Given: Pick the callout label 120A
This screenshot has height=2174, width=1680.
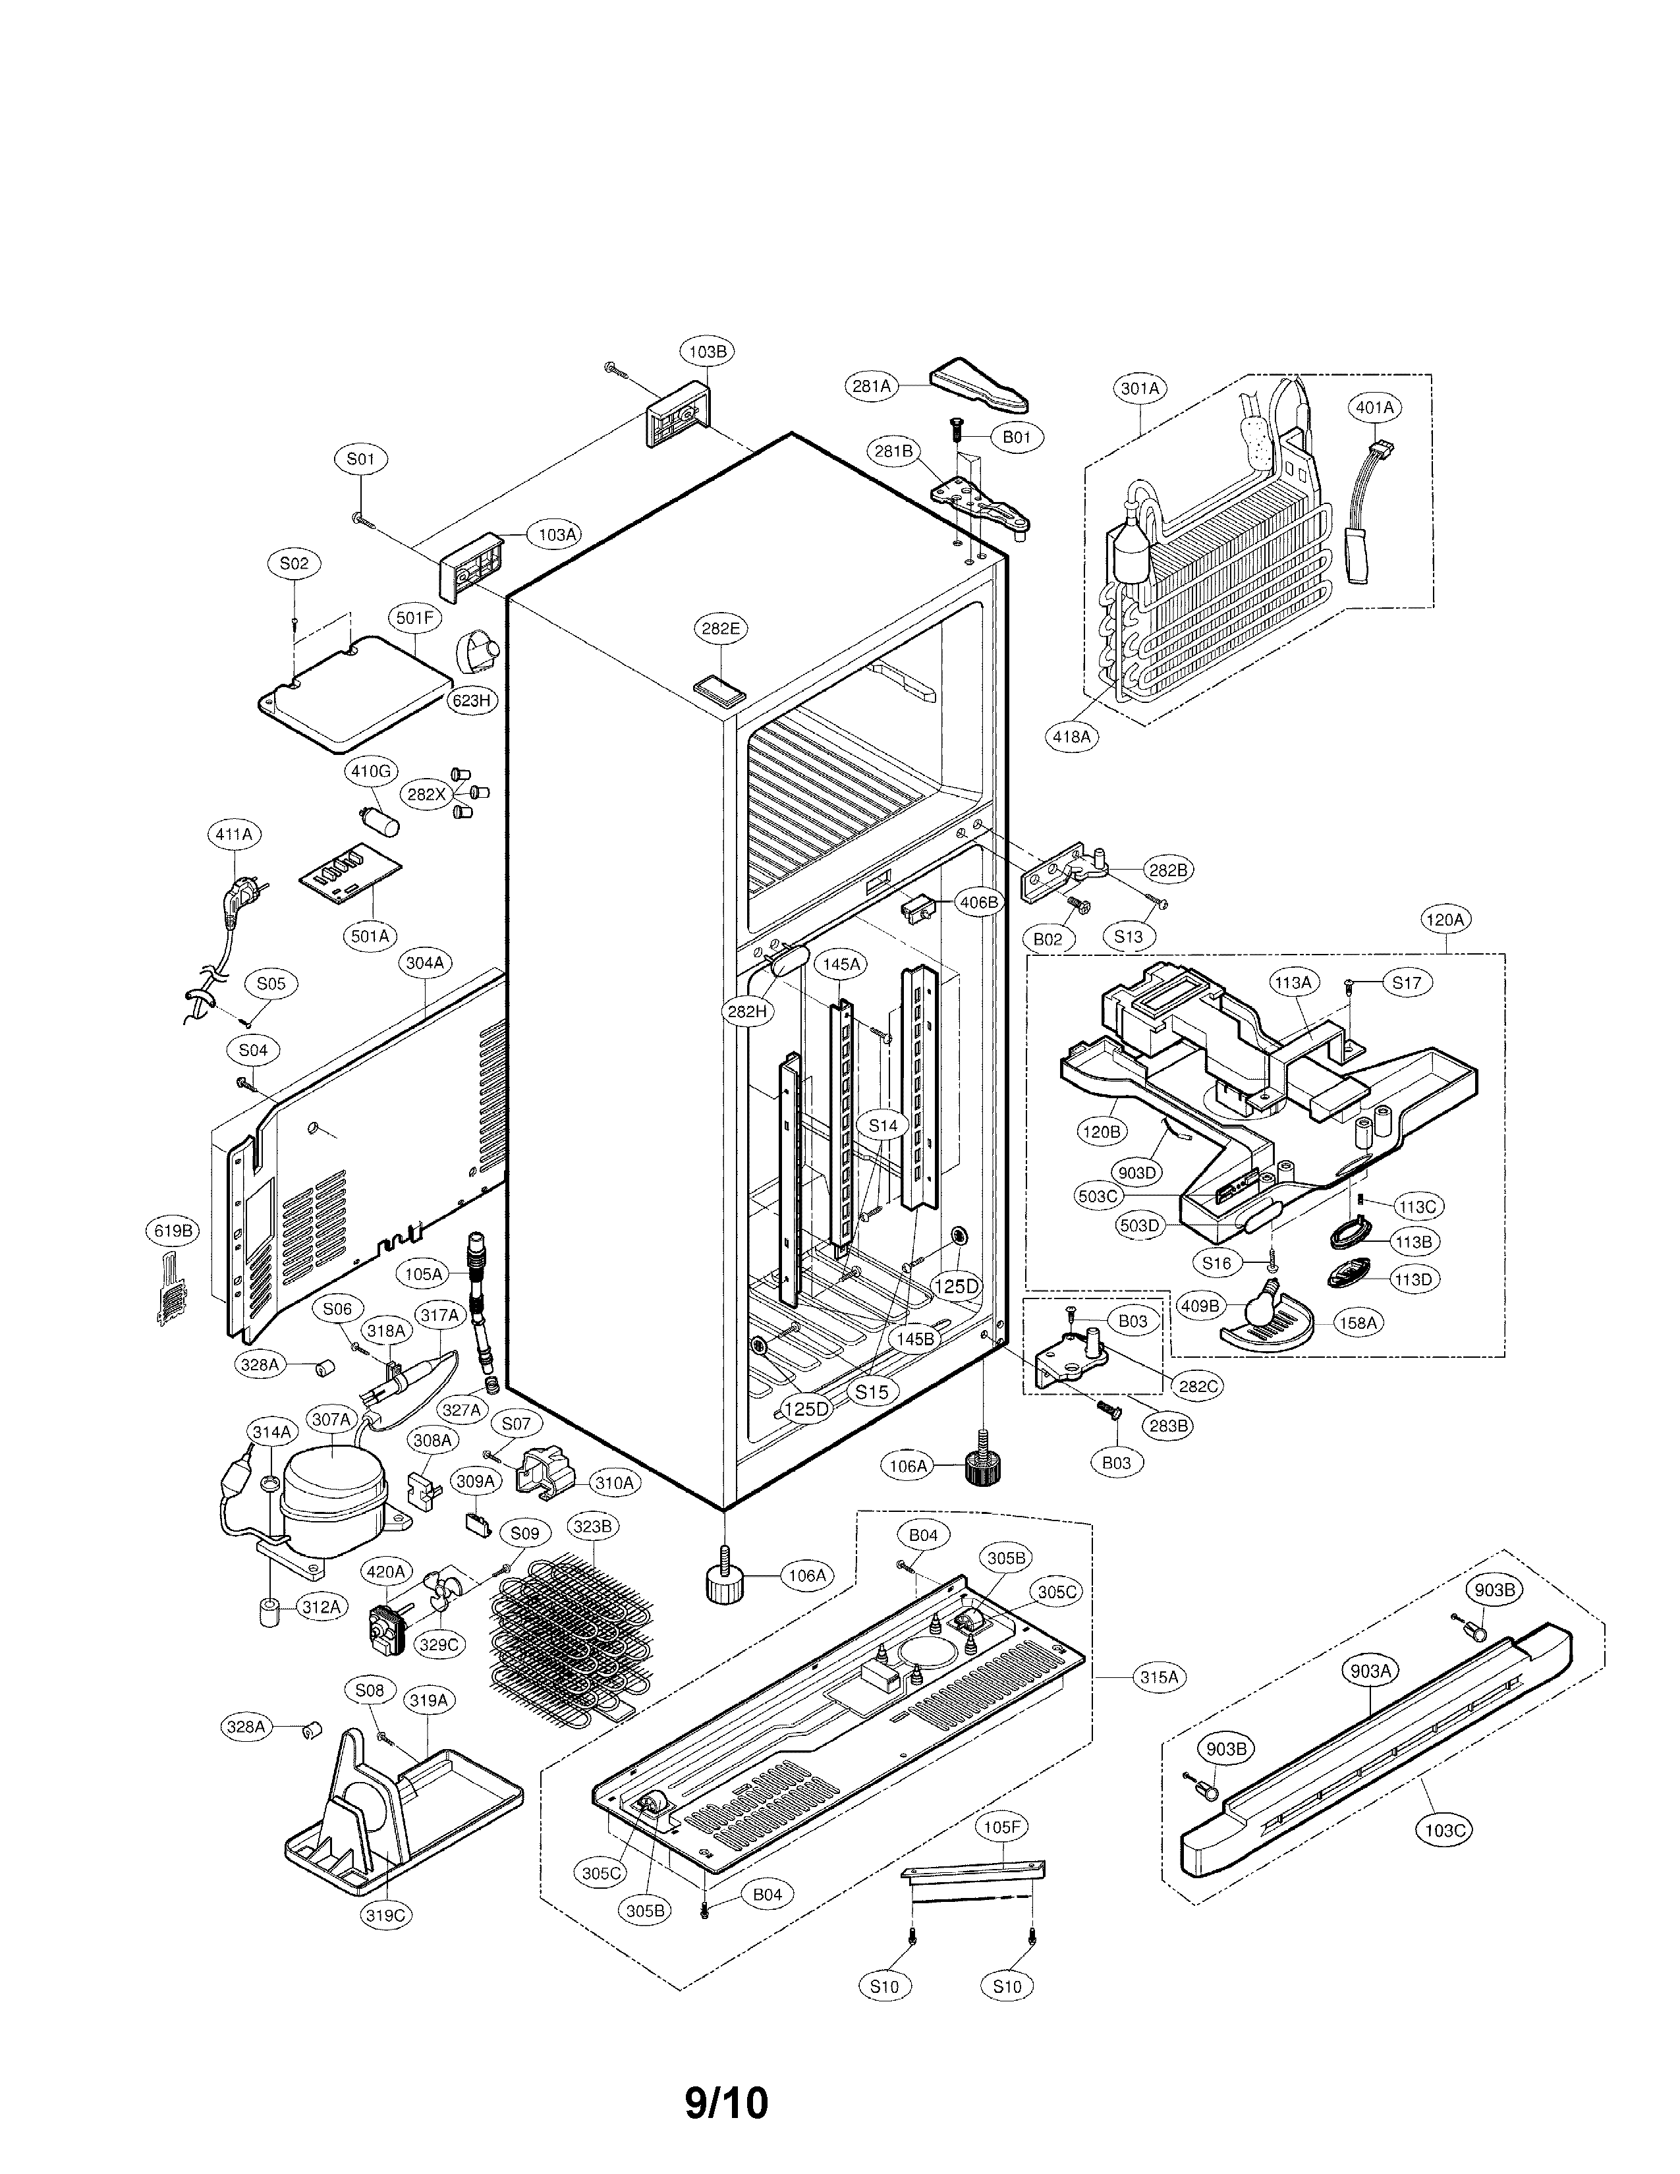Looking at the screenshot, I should click(1444, 921).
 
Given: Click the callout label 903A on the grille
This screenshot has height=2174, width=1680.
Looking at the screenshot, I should click(1370, 1671).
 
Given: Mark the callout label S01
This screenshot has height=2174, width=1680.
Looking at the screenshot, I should click(360, 459).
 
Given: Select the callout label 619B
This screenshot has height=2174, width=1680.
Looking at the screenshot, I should click(172, 1231).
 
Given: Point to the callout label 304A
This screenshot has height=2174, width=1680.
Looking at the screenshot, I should click(425, 962).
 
